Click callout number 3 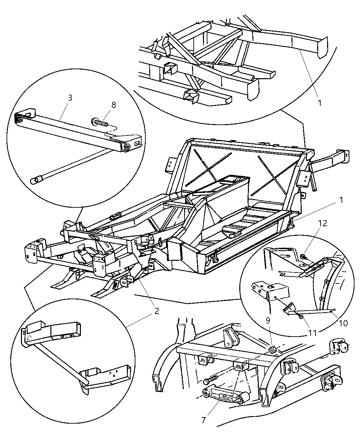(x=70, y=98)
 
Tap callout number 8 (x=113, y=105)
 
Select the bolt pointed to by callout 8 (x=99, y=122)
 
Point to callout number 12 (x=322, y=223)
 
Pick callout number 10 (x=343, y=323)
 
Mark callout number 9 (x=268, y=320)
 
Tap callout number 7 (x=204, y=420)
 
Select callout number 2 (x=156, y=311)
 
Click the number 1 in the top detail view (x=320, y=102)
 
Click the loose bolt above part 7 (x=210, y=379)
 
